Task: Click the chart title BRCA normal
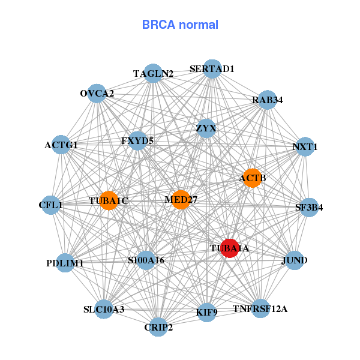coord(180,25)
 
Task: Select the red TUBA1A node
coord(230,247)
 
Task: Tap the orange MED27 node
coord(181,199)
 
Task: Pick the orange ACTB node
coord(252,178)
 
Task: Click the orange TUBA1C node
coord(109,200)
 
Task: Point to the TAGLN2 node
coord(153,73)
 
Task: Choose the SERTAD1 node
coord(212,68)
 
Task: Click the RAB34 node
coord(267,100)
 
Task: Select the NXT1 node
coord(305,146)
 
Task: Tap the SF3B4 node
coord(309,208)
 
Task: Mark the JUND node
coord(294,260)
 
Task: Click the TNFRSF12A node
coord(260,308)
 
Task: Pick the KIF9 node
coord(206,312)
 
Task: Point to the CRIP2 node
coord(158,327)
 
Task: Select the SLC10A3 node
coord(104,309)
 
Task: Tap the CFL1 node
coord(50,205)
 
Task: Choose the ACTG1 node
coord(61,145)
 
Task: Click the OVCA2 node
coord(97,94)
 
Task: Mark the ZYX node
coord(206,128)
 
